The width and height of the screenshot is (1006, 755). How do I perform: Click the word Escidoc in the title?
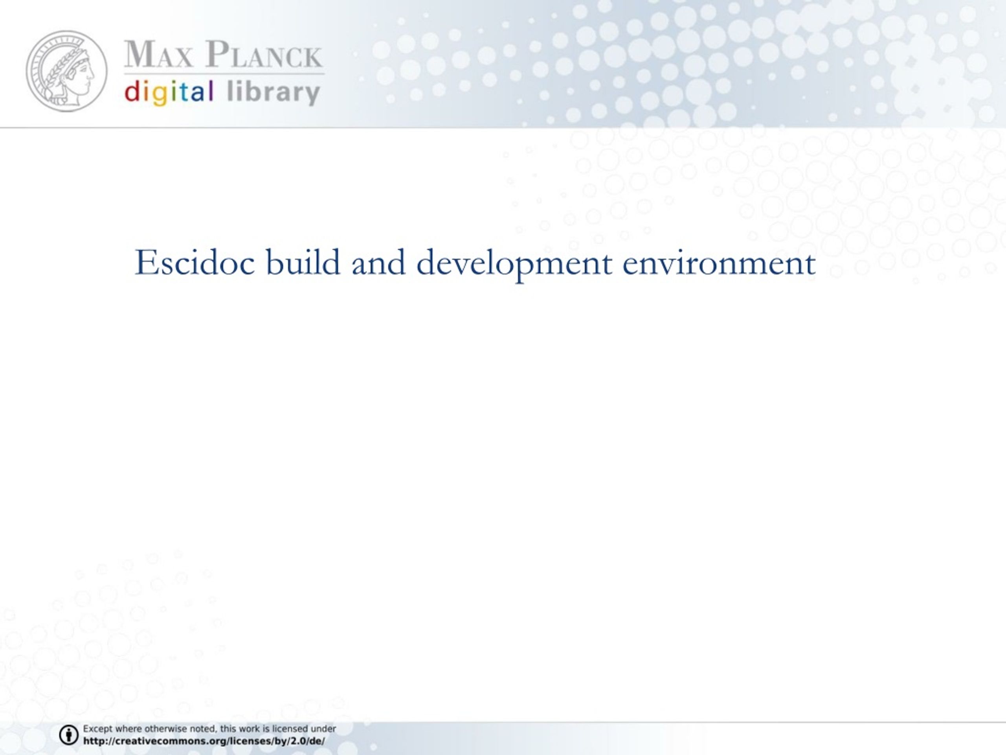point(195,263)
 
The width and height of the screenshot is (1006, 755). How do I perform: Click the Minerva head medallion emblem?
point(67,71)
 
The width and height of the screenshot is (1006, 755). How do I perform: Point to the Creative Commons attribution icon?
point(69,735)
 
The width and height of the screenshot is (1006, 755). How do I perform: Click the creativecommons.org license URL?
point(204,741)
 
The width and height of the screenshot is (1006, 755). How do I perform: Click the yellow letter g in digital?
point(160,95)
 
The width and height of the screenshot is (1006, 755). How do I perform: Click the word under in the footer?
point(323,729)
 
